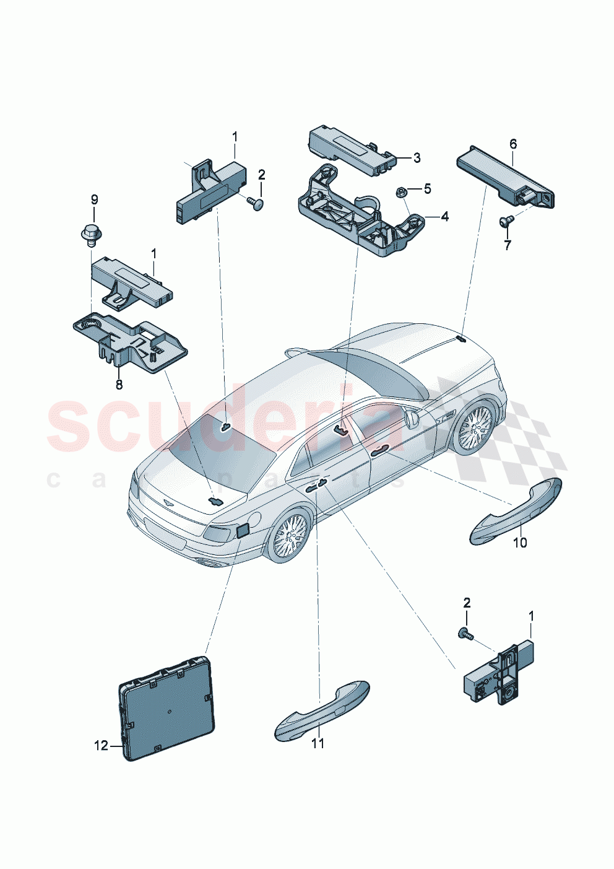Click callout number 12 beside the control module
101,746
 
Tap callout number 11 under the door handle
318,743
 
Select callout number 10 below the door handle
520,543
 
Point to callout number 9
95,199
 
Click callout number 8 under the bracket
119,385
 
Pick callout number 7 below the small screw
508,245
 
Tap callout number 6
512,144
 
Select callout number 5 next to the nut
427,188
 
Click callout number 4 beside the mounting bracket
444,217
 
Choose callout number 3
417,158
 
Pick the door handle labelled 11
322,711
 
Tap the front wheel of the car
475,427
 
